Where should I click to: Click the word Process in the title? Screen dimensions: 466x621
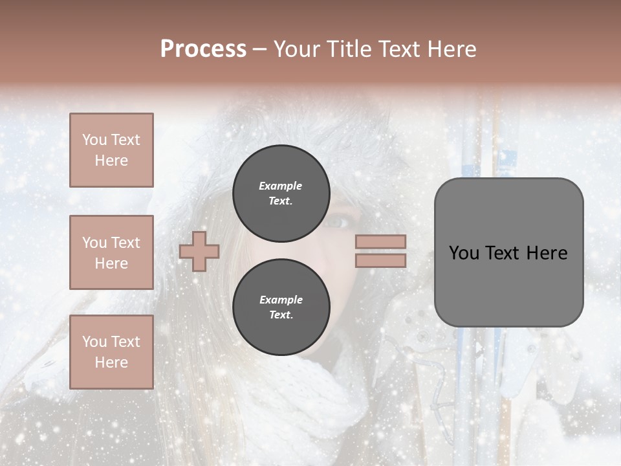tap(203, 49)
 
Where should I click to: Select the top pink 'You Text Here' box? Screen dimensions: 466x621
tap(111, 150)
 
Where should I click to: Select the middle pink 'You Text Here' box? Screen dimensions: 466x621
tap(111, 252)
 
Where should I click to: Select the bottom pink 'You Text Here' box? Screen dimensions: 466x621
tap(111, 351)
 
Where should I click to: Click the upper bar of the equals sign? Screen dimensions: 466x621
tap(380, 242)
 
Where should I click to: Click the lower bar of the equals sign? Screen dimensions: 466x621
tap(380, 260)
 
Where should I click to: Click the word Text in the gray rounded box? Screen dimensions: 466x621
tap(503, 253)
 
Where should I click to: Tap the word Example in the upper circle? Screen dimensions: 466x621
tap(281, 186)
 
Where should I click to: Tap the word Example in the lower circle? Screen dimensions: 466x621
tap(281, 300)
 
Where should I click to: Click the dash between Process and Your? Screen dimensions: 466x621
tap(260, 50)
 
